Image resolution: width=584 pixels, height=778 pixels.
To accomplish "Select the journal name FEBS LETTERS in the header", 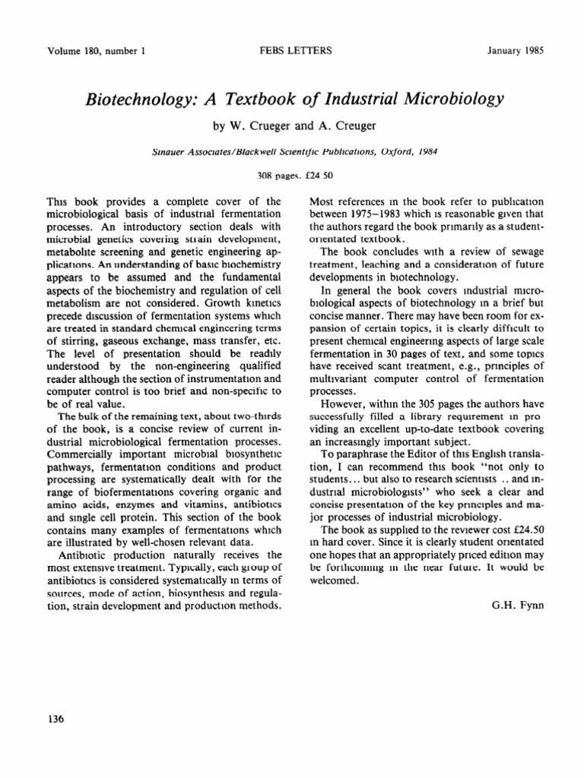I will [292, 52].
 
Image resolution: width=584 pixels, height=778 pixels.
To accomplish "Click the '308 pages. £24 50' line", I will [292, 176].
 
